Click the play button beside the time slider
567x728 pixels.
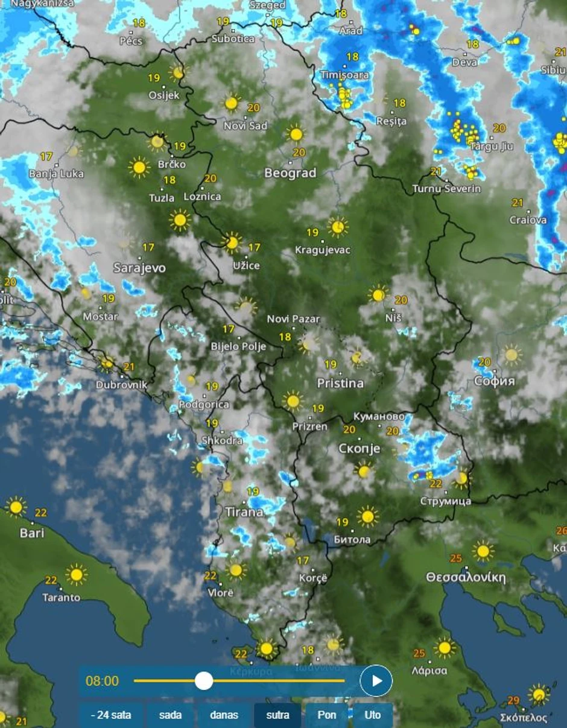pyautogui.click(x=376, y=681)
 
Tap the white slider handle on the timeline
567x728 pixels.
pyautogui.click(x=204, y=681)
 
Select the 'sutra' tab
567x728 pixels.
pyautogui.click(x=277, y=715)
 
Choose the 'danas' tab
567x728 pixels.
pyautogui.click(x=224, y=715)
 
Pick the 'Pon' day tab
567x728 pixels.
pyautogui.click(x=326, y=715)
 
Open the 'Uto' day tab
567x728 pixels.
pyautogui.click(x=373, y=715)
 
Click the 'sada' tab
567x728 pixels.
pyautogui.click(x=170, y=715)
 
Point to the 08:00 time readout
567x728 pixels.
pyautogui.click(x=103, y=681)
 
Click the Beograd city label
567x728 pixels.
pyautogui.click(x=290, y=173)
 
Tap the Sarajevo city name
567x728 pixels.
pyautogui.click(x=139, y=267)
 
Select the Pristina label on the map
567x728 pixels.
pyautogui.click(x=340, y=383)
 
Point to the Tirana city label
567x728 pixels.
pyautogui.click(x=244, y=512)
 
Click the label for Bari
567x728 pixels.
pyautogui.click(x=32, y=533)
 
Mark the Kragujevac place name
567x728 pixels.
pyautogui.click(x=323, y=250)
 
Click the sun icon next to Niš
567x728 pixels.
pyautogui.click(x=378, y=294)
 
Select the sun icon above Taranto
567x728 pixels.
pyautogui.click(x=76, y=575)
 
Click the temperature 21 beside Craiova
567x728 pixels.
pyautogui.click(x=518, y=203)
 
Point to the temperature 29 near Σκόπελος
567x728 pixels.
pyautogui.click(x=513, y=701)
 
